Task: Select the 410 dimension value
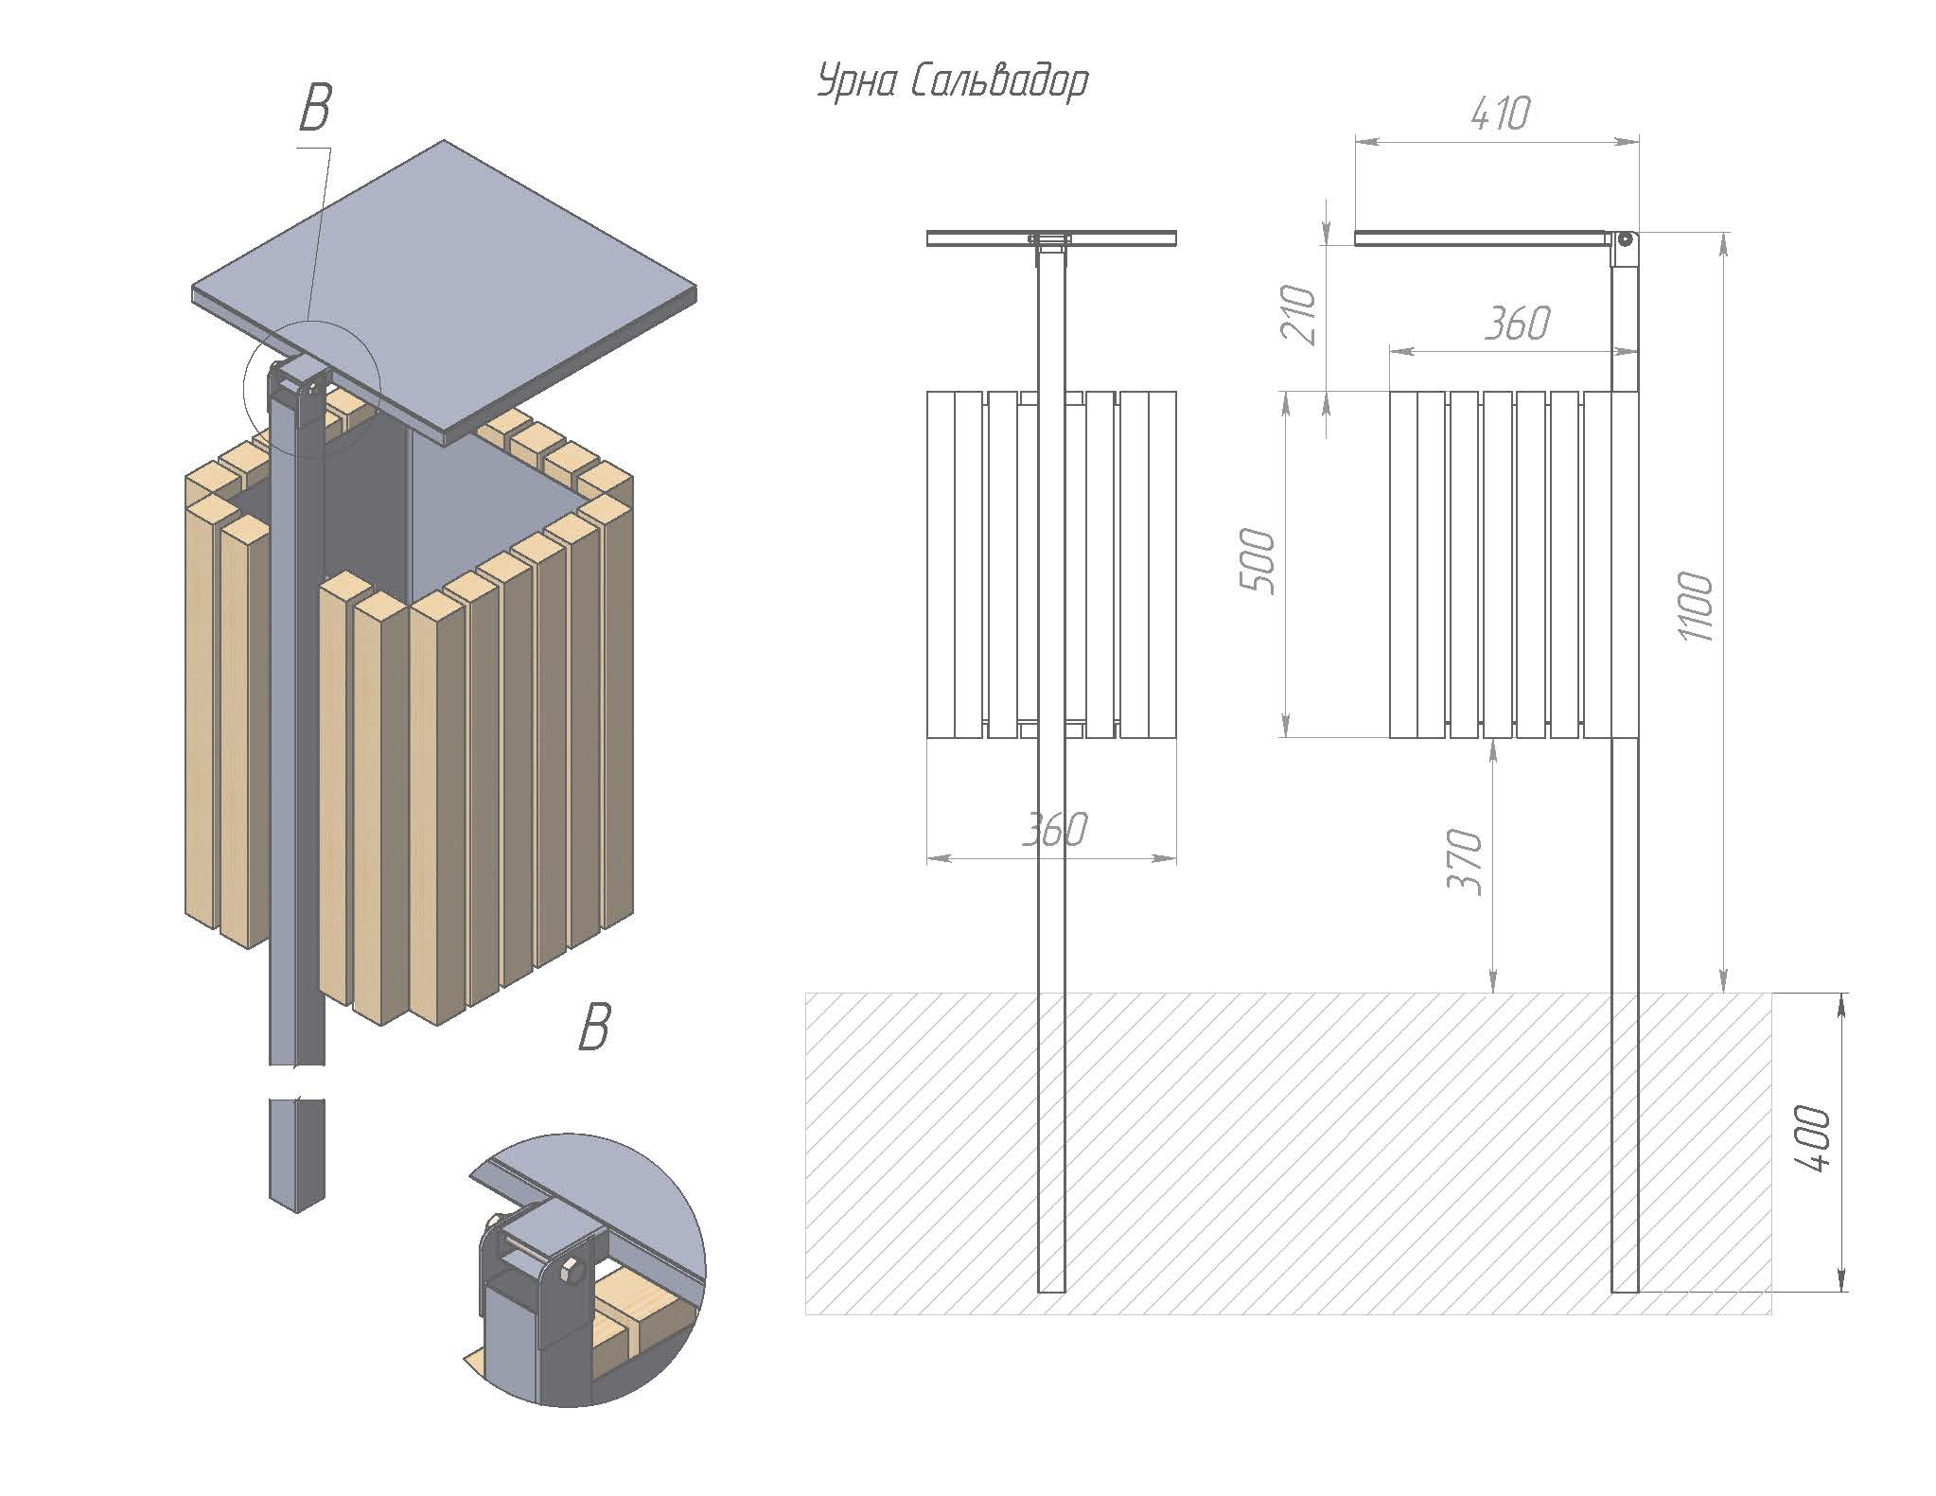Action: click(x=1501, y=114)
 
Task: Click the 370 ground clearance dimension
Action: click(x=1466, y=861)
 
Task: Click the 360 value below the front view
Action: click(x=1055, y=830)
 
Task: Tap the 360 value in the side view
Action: click(x=1518, y=325)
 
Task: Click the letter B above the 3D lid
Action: click(x=315, y=109)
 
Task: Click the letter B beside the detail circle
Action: click(x=594, y=1028)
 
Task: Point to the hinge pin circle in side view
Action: click(x=1625, y=239)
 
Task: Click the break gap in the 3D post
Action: click(x=297, y=1082)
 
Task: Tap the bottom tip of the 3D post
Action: click(x=297, y=1212)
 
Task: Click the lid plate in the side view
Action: click(x=1482, y=238)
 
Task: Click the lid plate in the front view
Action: click(x=1051, y=238)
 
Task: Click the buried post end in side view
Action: click(x=1625, y=1288)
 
